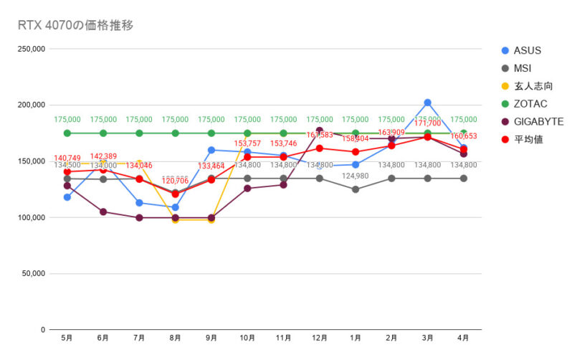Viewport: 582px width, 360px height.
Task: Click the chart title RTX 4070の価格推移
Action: click(75, 25)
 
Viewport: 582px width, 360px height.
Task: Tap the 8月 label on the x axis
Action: click(175, 338)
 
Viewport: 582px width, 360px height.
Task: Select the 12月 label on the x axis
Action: click(319, 338)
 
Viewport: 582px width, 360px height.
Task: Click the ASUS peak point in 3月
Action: click(427, 103)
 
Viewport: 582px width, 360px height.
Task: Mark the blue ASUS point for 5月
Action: click(67, 197)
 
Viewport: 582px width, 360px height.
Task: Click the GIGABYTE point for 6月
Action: click(103, 212)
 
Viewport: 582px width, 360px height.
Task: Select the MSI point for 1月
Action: click(356, 189)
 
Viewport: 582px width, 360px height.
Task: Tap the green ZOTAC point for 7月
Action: click(139, 133)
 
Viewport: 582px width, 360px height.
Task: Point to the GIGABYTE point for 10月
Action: click(247, 189)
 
